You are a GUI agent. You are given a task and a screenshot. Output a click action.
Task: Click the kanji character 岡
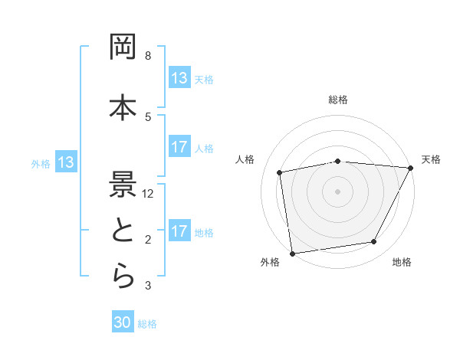pyautogui.click(x=123, y=49)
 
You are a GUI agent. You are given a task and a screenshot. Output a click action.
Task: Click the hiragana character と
pyautogui.click(x=123, y=233)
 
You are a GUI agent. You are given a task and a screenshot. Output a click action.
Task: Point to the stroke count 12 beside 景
pyautogui.click(x=149, y=194)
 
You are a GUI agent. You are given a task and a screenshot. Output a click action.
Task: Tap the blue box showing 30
pyautogui.click(x=123, y=323)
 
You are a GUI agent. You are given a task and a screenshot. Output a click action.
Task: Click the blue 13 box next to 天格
pyautogui.click(x=179, y=78)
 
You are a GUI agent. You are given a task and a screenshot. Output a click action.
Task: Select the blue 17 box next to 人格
pyautogui.click(x=179, y=147)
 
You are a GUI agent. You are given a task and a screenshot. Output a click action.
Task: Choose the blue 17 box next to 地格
pyautogui.click(x=179, y=231)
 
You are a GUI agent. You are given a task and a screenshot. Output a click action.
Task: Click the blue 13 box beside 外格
pyautogui.click(x=65, y=162)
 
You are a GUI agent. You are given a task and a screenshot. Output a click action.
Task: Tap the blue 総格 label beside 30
pyautogui.click(x=147, y=324)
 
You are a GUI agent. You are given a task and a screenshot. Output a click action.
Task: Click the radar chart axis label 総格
pyautogui.click(x=338, y=100)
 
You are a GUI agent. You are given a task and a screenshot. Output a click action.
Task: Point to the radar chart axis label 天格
pyautogui.click(x=431, y=159)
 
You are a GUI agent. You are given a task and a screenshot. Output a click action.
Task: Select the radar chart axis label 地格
pyautogui.click(x=402, y=262)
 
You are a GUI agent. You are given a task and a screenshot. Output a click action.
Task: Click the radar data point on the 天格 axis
pyautogui.click(x=410, y=168)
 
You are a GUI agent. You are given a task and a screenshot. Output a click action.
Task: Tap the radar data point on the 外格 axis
pyautogui.click(x=292, y=253)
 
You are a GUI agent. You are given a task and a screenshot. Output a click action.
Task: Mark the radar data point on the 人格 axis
pyautogui.click(x=281, y=172)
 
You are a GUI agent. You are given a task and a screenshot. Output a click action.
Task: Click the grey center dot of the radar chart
pyautogui.click(x=338, y=191)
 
